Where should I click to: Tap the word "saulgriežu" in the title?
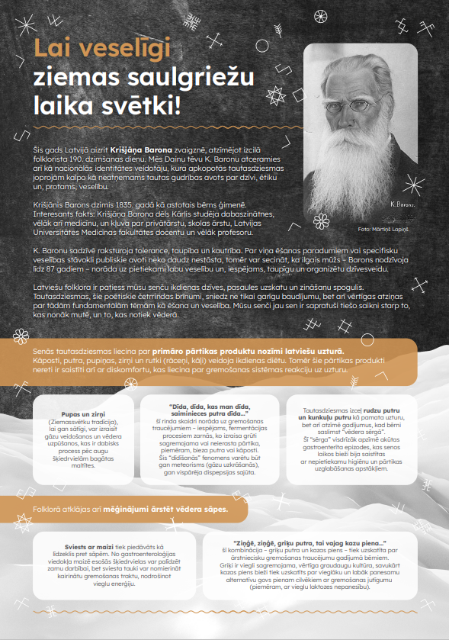(136, 78)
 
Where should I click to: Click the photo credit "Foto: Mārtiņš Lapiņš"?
(385, 227)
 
